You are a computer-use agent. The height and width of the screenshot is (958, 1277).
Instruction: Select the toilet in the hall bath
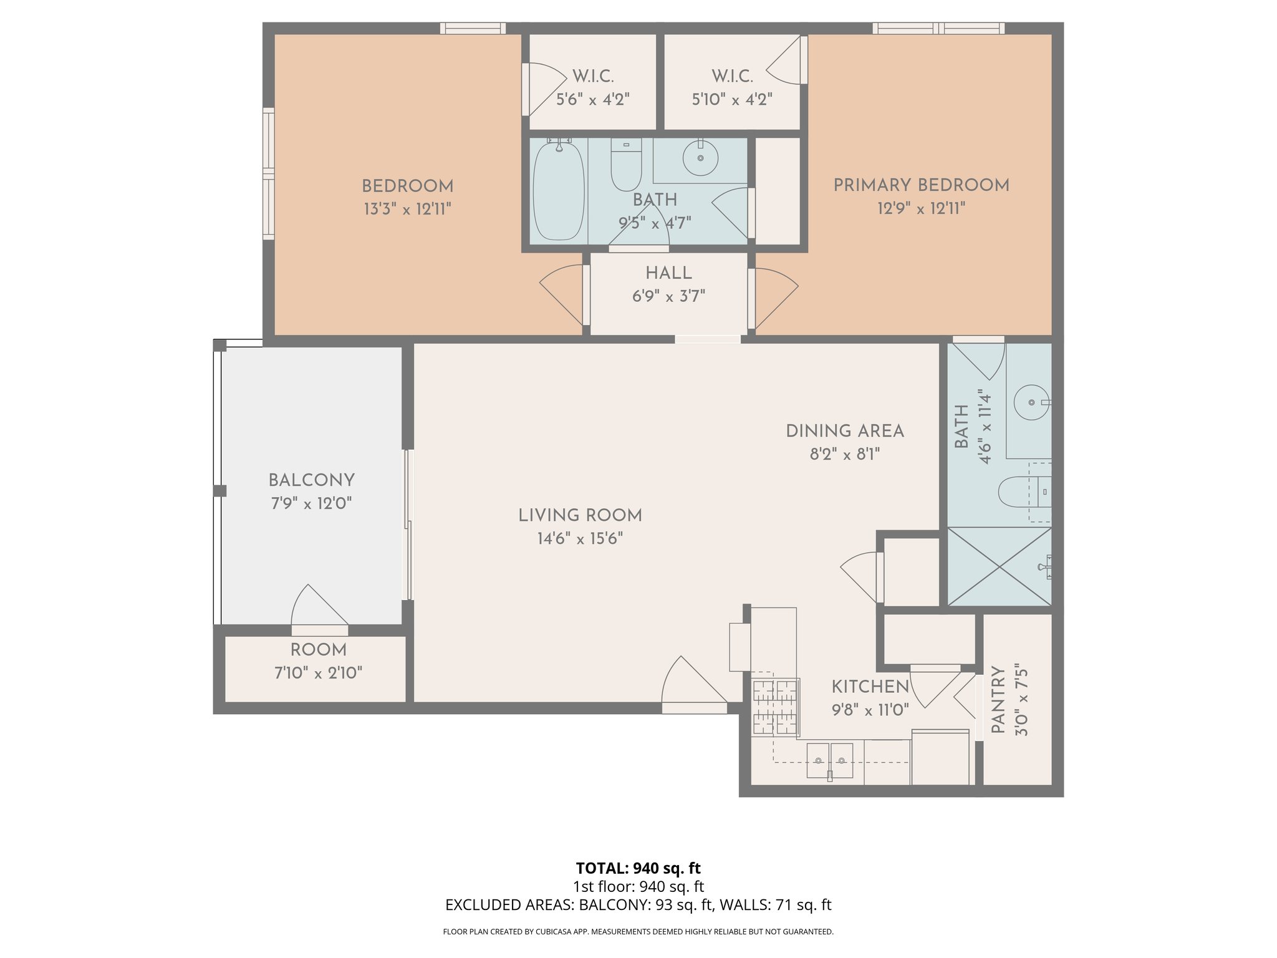point(626,165)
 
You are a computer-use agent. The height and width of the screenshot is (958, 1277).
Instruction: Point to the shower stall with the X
point(999,566)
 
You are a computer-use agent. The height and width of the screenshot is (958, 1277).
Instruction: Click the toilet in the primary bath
point(1023,492)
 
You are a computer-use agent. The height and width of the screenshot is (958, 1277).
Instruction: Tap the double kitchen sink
point(829,760)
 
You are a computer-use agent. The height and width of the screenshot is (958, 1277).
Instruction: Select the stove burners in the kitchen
point(775,707)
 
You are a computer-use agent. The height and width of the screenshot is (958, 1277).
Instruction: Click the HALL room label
point(668,273)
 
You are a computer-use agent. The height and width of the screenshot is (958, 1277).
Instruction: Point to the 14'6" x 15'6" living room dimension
point(580,538)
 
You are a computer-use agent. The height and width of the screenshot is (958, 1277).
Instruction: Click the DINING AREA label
point(844,431)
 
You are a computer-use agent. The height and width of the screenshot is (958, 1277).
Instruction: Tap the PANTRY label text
point(998,700)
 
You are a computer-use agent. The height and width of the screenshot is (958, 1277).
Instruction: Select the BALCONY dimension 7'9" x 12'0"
point(311,503)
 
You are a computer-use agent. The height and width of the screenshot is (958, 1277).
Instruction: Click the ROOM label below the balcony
point(318,650)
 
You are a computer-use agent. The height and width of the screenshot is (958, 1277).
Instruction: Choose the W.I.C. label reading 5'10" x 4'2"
point(732,99)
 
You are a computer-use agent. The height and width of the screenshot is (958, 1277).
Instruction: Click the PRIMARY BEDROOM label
point(921,185)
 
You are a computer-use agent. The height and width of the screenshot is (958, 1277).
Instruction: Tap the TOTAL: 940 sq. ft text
point(638,868)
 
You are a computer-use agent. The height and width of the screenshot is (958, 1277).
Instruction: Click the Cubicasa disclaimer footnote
point(638,932)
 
